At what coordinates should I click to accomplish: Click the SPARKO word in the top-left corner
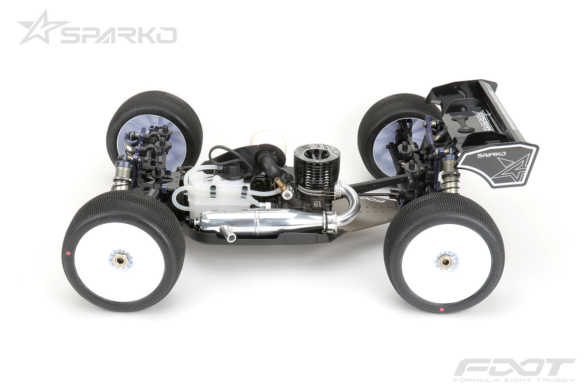(x=118, y=36)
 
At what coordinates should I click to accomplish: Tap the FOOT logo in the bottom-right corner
(x=513, y=368)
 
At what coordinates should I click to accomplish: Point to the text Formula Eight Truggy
(x=513, y=380)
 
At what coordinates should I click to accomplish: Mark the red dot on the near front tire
(x=68, y=253)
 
